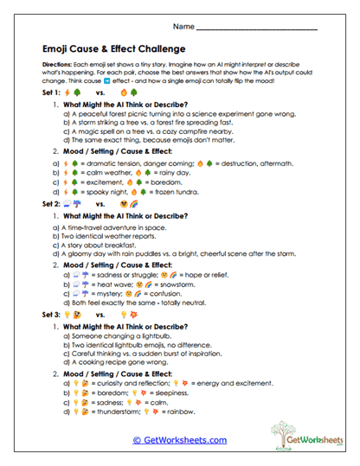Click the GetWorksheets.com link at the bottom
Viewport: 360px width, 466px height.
[x=179, y=440]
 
